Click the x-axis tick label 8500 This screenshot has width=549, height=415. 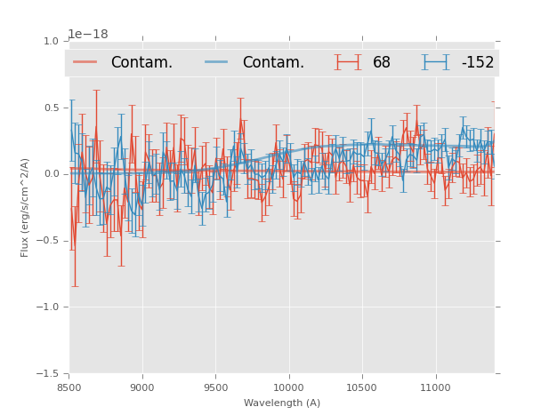pos(69,387)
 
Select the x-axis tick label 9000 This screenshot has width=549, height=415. pos(142,387)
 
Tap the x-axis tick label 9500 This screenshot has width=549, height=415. pos(215,387)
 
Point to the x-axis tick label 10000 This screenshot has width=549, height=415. pos(288,387)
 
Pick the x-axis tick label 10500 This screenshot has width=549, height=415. pos(362,387)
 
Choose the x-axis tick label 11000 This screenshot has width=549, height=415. pos(435,387)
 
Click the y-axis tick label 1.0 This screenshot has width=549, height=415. pos(51,41)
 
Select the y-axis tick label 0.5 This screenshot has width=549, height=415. pos(51,108)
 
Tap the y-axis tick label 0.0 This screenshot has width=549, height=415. pos(51,174)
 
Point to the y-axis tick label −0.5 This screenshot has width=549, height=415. pos(48,241)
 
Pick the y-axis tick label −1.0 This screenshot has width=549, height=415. pos(48,307)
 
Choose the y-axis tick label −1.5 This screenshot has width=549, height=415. pos(48,374)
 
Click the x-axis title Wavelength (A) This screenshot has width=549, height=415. pos(282,403)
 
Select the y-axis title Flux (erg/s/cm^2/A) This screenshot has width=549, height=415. pos(26,207)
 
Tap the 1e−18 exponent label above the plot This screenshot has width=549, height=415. pos(88,35)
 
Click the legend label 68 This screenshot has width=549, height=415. pos(382,63)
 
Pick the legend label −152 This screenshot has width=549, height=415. pos(477,63)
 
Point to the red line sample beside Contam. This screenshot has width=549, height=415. pos(85,62)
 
